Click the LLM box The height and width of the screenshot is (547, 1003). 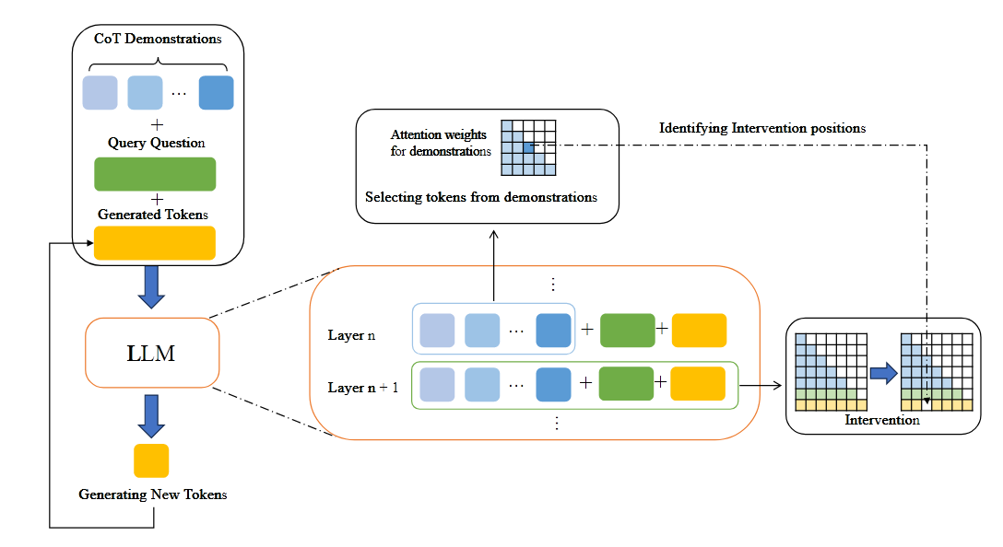coord(151,353)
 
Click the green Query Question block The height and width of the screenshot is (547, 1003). coord(155,174)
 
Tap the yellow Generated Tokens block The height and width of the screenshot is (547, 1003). coord(155,243)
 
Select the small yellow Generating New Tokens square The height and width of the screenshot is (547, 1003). coord(151,460)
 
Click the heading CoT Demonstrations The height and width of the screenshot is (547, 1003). coord(158,39)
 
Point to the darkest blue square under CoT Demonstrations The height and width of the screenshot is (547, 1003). coord(216,93)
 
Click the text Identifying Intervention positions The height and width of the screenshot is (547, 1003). coord(762,128)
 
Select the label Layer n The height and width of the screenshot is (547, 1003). coord(351,335)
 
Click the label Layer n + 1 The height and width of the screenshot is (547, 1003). coord(363,388)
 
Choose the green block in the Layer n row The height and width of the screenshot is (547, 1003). coord(627,331)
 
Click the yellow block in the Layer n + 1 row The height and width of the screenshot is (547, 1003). coord(698,383)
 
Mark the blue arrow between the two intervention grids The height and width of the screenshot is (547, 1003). coord(884,373)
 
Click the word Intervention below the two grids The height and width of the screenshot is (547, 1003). coord(882,420)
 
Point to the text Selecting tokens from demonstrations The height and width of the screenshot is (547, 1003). coord(481,197)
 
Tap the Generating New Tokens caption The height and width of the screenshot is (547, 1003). coord(153,495)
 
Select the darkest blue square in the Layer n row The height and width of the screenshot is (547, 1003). coord(553,331)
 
